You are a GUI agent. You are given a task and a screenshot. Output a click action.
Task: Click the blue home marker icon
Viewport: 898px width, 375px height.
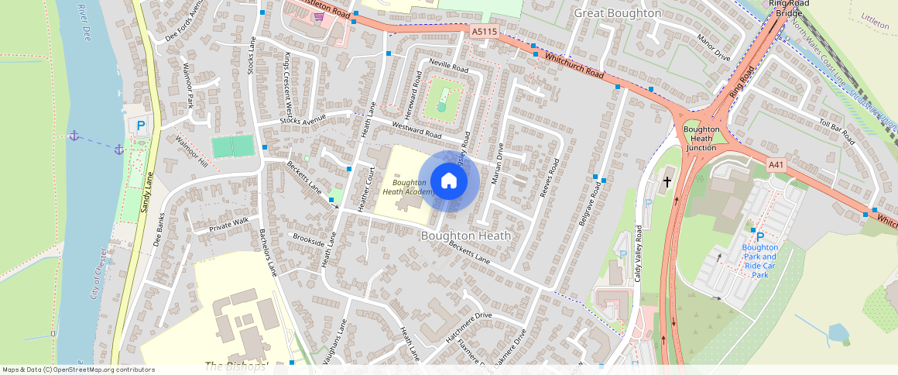click(448, 181)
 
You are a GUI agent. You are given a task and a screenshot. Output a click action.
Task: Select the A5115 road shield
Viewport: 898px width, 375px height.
click(485, 32)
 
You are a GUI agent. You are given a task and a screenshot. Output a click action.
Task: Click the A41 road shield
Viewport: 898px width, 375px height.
click(776, 165)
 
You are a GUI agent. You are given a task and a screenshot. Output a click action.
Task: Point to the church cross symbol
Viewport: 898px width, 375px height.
click(667, 182)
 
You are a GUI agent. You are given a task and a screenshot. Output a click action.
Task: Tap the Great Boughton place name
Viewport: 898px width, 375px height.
click(618, 13)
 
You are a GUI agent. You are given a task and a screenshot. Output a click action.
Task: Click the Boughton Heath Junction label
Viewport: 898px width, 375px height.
click(701, 138)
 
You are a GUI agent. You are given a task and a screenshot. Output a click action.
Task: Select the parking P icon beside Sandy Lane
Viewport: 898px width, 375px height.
click(140, 126)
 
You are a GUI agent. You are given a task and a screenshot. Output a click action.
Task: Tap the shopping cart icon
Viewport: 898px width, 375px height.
click(317, 16)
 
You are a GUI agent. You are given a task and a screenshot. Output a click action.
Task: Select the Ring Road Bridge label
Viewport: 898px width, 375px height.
click(789, 9)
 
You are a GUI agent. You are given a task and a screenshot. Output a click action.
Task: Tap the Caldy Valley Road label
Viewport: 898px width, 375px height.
click(639, 253)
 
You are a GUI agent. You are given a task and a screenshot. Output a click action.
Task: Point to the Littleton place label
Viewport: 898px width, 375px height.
click(876, 16)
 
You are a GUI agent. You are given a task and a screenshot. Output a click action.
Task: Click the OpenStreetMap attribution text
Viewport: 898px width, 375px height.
click(78, 370)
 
